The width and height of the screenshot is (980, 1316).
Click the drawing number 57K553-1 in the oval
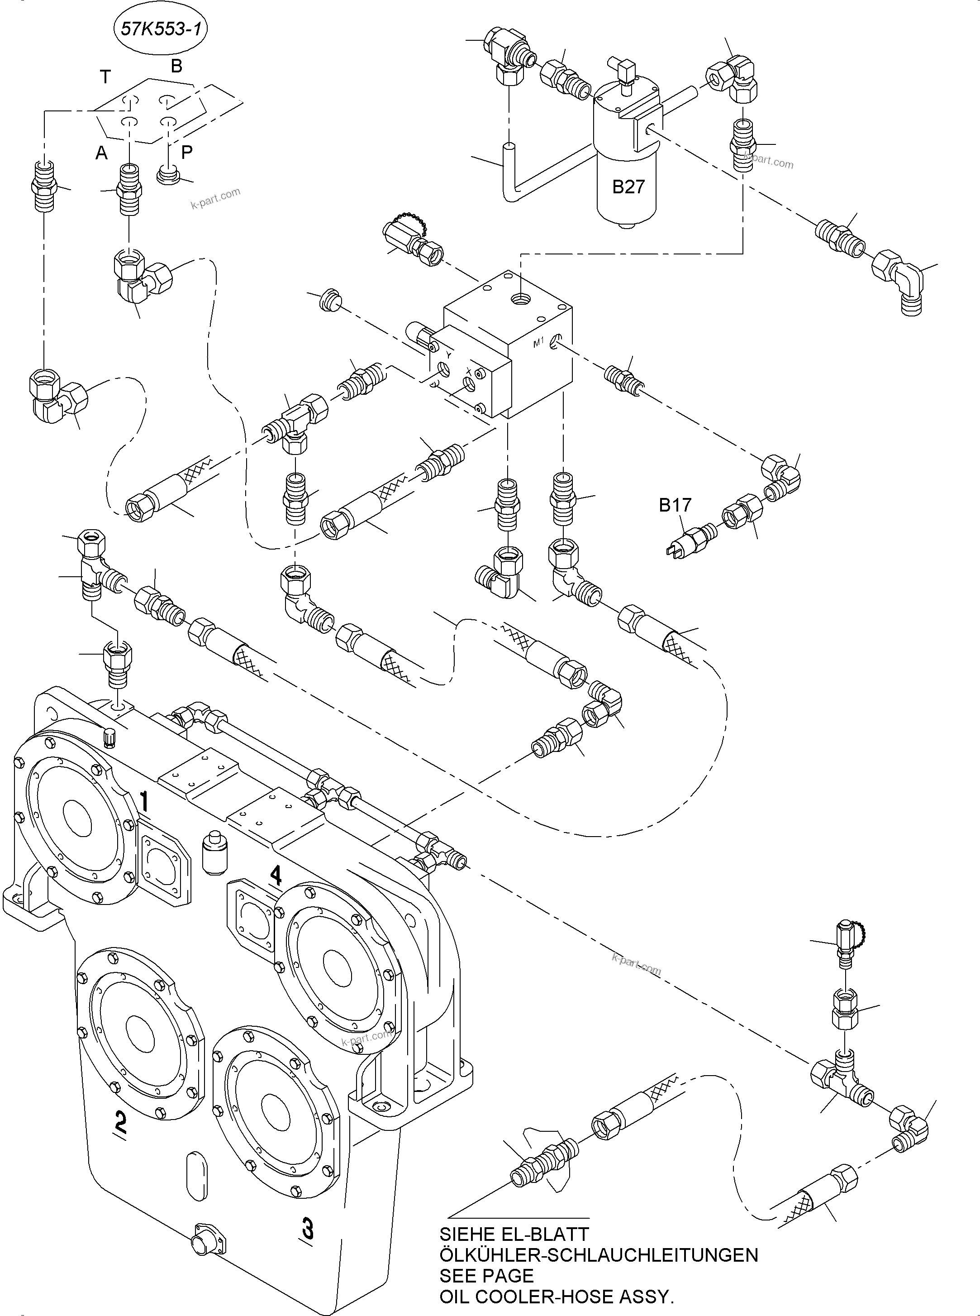click(x=160, y=29)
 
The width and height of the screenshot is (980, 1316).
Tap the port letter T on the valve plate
click(x=105, y=77)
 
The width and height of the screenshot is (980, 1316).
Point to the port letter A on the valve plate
click(x=101, y=153)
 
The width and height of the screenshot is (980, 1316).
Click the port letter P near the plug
click(x=186, y=153)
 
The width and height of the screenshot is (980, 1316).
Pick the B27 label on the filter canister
click(x=628, y=187)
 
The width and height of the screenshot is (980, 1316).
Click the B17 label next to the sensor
click(x=675, y=505)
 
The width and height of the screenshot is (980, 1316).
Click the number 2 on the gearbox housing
click(x=120, y=1121)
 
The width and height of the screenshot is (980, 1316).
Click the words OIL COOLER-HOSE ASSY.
click(x=557, y=1297)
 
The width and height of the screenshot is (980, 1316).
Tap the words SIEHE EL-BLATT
click(x=514, y=1234)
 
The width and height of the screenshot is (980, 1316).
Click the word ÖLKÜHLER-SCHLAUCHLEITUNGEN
click(x=599, y=1255)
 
